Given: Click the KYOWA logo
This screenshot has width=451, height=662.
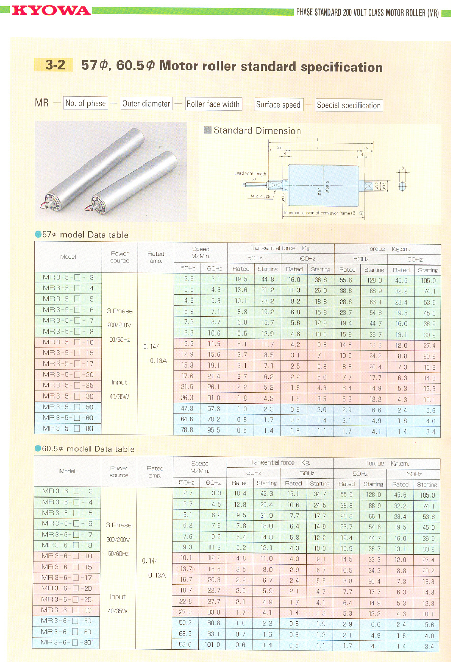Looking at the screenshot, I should (51, 10).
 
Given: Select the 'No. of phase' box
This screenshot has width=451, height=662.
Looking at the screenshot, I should (85, 104).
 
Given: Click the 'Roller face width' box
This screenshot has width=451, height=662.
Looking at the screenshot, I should (213, 104).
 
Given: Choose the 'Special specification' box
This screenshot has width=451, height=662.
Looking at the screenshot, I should (349, 106).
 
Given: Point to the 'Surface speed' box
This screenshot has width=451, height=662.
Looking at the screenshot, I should (279, 105).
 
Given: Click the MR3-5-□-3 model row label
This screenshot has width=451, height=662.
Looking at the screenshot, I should (68, 278).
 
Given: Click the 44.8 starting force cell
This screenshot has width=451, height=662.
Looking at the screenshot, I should (267, 279).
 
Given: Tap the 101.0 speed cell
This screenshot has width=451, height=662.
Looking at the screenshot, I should (213, 645).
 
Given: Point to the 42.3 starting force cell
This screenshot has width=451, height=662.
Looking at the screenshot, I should (266, 494).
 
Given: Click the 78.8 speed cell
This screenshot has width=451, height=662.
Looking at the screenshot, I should (187, 430).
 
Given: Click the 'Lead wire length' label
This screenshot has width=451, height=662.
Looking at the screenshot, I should (250, 174).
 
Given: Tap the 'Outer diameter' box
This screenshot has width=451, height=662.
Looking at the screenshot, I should (146, 104).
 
